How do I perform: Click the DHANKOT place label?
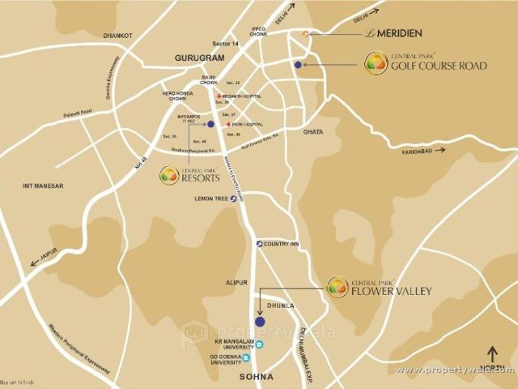[x=117, y=36]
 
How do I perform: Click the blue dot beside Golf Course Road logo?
[x=299, y=65]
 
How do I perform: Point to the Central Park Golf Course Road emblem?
[x=376, y=63]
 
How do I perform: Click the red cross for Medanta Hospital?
[x=219, y=96]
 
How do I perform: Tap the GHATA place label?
[x=312, y=131]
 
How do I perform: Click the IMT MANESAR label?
[x=43, y=186]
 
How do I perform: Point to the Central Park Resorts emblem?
[x=169, y=174]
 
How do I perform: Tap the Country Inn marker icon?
[x=259, y=244]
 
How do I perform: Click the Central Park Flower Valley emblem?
[x=338, y=287]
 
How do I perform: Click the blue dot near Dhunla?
[x=260, y=322]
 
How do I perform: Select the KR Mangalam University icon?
[x=260, y=344]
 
